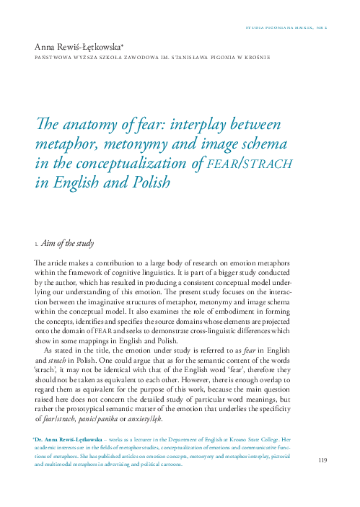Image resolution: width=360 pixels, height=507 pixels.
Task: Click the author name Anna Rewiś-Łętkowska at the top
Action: click(x=79, y=45)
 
